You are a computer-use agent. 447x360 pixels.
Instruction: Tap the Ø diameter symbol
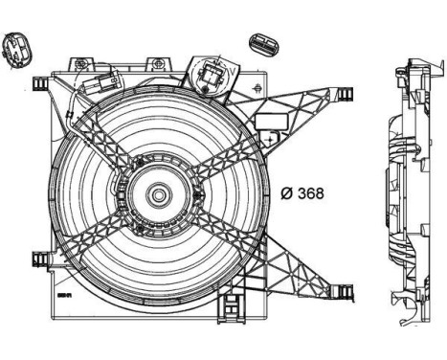(x=287, y=192)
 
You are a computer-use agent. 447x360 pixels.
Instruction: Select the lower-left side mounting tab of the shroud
(x=41, y=259)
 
